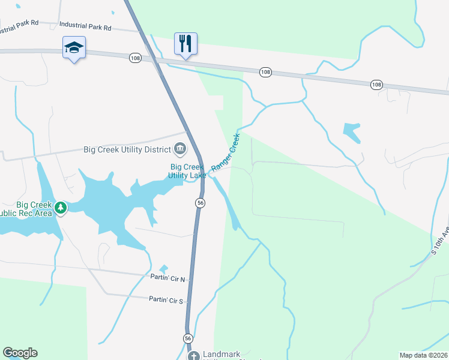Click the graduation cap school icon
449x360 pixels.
pyautogui.click(x=74, y=47)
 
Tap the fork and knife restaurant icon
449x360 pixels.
pyautogui.click(x=185, y=43)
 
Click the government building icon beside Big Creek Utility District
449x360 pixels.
pyautogui.click(x=179, y=148)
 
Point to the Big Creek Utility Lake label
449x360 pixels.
pyautogui.click(x=188, y=171)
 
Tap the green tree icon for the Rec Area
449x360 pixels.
pyautogui.click(x=60, y=208)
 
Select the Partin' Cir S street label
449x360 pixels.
pyautogui.click(x=168, y=298)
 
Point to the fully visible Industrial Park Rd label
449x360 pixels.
pyautogui.click(x=85, y=27)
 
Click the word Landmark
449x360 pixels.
pyautogui.click(x=225, y=354)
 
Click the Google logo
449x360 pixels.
pyautogui.click(x=20, y=353)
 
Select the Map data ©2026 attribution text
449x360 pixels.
pyautogui.click(x=423, y=355)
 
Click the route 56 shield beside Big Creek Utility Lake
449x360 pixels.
pyautogui.click(x=200, y=203)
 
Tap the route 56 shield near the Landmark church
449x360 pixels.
pyautogui.click(x=188, y=338)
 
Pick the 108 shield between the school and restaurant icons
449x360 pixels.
pyautogui.click(x=134, y=58)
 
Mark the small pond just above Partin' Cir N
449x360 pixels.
pyautogui.click(x=163, y=269)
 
